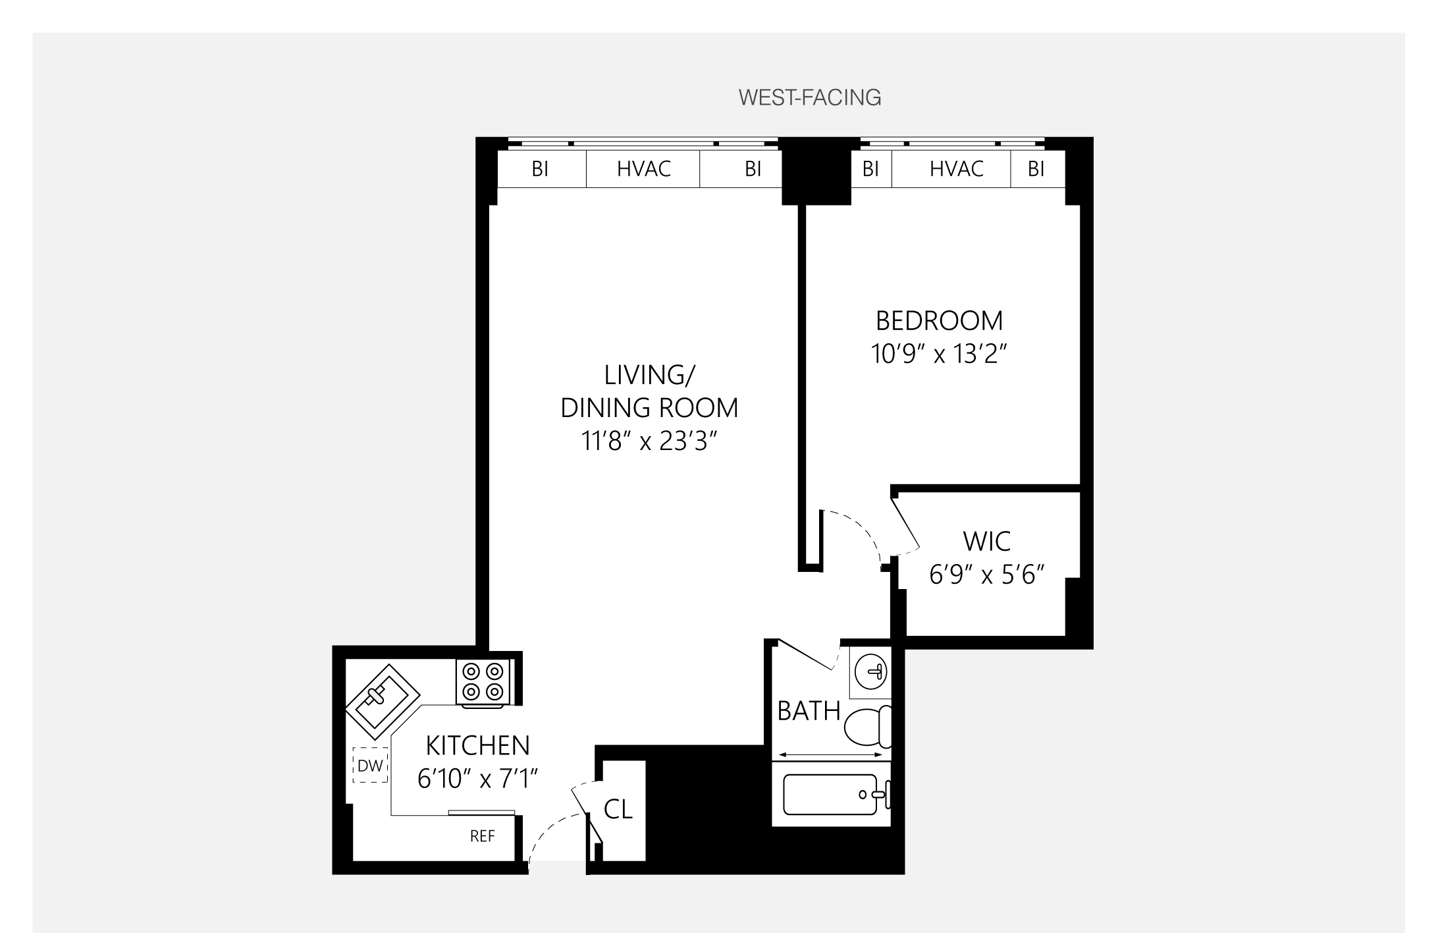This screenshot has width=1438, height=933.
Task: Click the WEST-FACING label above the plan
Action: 809,98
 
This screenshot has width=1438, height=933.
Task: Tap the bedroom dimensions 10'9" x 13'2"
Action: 940,354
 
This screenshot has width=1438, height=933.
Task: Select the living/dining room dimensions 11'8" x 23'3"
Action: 649,441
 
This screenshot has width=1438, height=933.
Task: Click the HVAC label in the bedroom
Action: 956,169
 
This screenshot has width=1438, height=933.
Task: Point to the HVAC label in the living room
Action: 643,169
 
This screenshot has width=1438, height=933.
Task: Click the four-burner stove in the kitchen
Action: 483,682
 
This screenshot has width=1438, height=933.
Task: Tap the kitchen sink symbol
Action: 383,702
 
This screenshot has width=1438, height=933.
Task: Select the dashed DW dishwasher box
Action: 370,766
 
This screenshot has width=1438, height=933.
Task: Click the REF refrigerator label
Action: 482,836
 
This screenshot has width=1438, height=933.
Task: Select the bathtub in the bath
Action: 831,795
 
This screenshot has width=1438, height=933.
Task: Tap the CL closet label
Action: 618,810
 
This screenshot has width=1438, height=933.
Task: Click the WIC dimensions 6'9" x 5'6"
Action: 986,575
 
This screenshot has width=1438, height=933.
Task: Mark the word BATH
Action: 809,712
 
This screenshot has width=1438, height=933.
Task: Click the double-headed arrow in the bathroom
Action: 831,755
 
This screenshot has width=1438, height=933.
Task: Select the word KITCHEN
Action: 477,746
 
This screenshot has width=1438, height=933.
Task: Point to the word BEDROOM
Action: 939,321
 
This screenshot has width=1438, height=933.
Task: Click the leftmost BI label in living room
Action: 540,169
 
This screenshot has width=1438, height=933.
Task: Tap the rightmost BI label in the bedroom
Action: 1036,169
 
